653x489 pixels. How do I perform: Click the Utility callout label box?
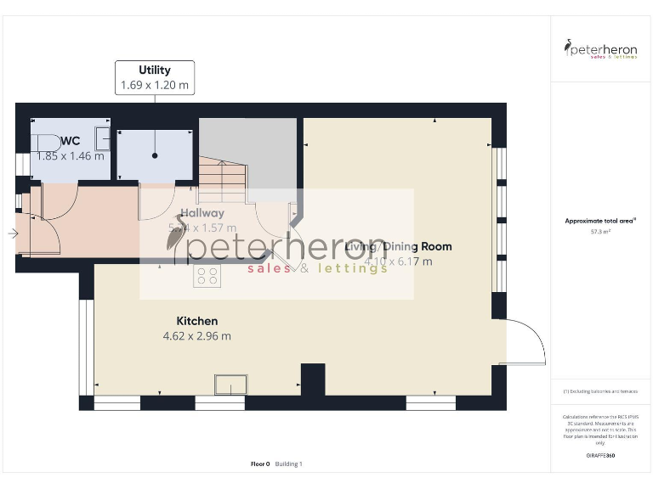pos(155,77)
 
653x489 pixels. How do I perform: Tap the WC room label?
pos(71,140)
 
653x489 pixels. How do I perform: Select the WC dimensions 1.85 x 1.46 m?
pos(71,155)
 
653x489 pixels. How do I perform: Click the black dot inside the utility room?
pos(155,155)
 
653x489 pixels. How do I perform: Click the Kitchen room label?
pos(196,321)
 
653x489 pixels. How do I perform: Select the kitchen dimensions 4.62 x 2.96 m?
pos(196,335)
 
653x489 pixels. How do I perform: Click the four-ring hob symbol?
pos(207,276)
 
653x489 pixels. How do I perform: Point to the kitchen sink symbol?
pos(230,385)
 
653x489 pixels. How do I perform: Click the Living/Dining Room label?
pos(398,246)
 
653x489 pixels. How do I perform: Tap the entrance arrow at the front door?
pos(12,233)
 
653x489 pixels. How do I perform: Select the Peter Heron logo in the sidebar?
pos(600,48)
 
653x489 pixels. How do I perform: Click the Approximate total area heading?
pos(599,221)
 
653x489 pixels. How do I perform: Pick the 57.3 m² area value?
pos(600,231)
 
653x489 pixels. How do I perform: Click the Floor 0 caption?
pos(260,464)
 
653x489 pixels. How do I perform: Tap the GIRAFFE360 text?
pos(600,456)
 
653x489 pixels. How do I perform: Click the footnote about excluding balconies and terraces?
pos(600,391)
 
